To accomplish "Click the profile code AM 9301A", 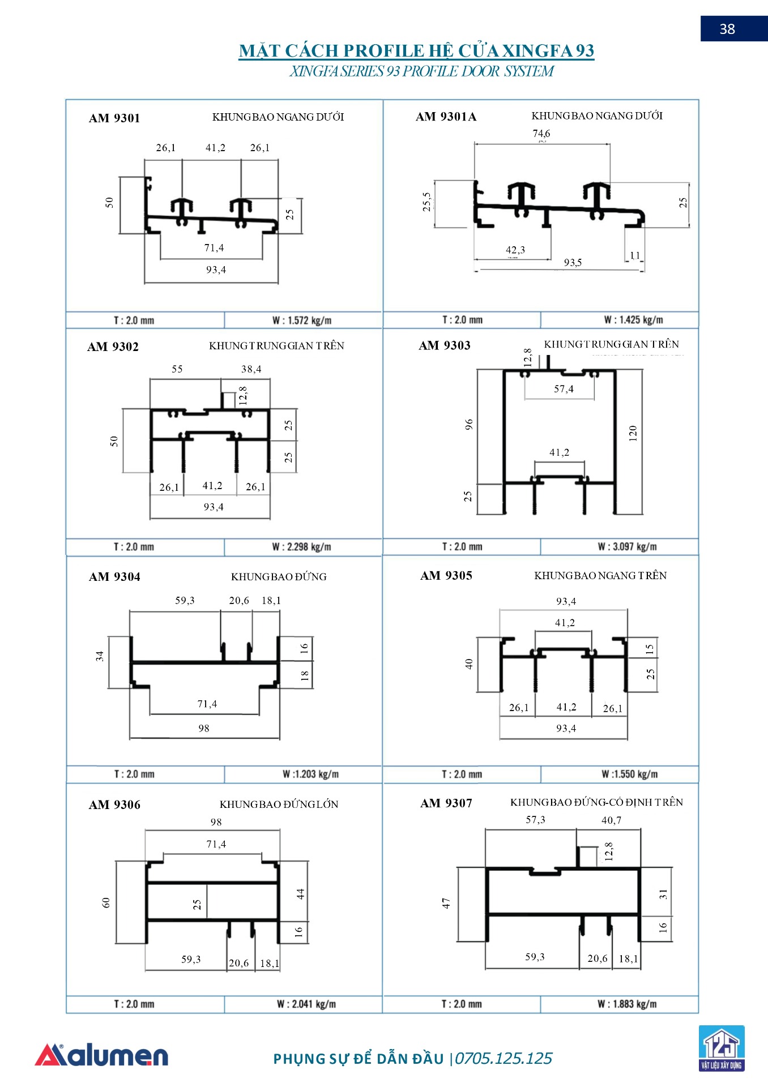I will point(446,117).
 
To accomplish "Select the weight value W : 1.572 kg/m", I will point(302,320).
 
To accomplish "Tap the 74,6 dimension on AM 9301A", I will point(541,134).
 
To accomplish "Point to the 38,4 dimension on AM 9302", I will point(251,369).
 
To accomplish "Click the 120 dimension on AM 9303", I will point(633,433).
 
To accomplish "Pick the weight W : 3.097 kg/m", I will point(627,547).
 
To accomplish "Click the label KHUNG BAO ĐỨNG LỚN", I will point(279,804).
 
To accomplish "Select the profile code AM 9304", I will point(114,577).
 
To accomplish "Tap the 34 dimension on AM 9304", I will point(100,656).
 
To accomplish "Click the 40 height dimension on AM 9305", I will point(469,664).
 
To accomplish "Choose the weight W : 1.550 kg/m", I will point(629,774).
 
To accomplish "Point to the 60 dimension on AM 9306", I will point(106,902).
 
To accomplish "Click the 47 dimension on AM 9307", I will point(446,903).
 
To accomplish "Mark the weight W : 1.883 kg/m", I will point(627,1004).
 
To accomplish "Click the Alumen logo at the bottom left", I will point(102,1056).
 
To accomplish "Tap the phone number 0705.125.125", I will point(504,1059).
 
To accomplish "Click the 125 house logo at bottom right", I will point(721,1048).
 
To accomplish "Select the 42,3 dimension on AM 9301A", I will point(515,250).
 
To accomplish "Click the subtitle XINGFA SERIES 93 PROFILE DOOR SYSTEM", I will point(421,71).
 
